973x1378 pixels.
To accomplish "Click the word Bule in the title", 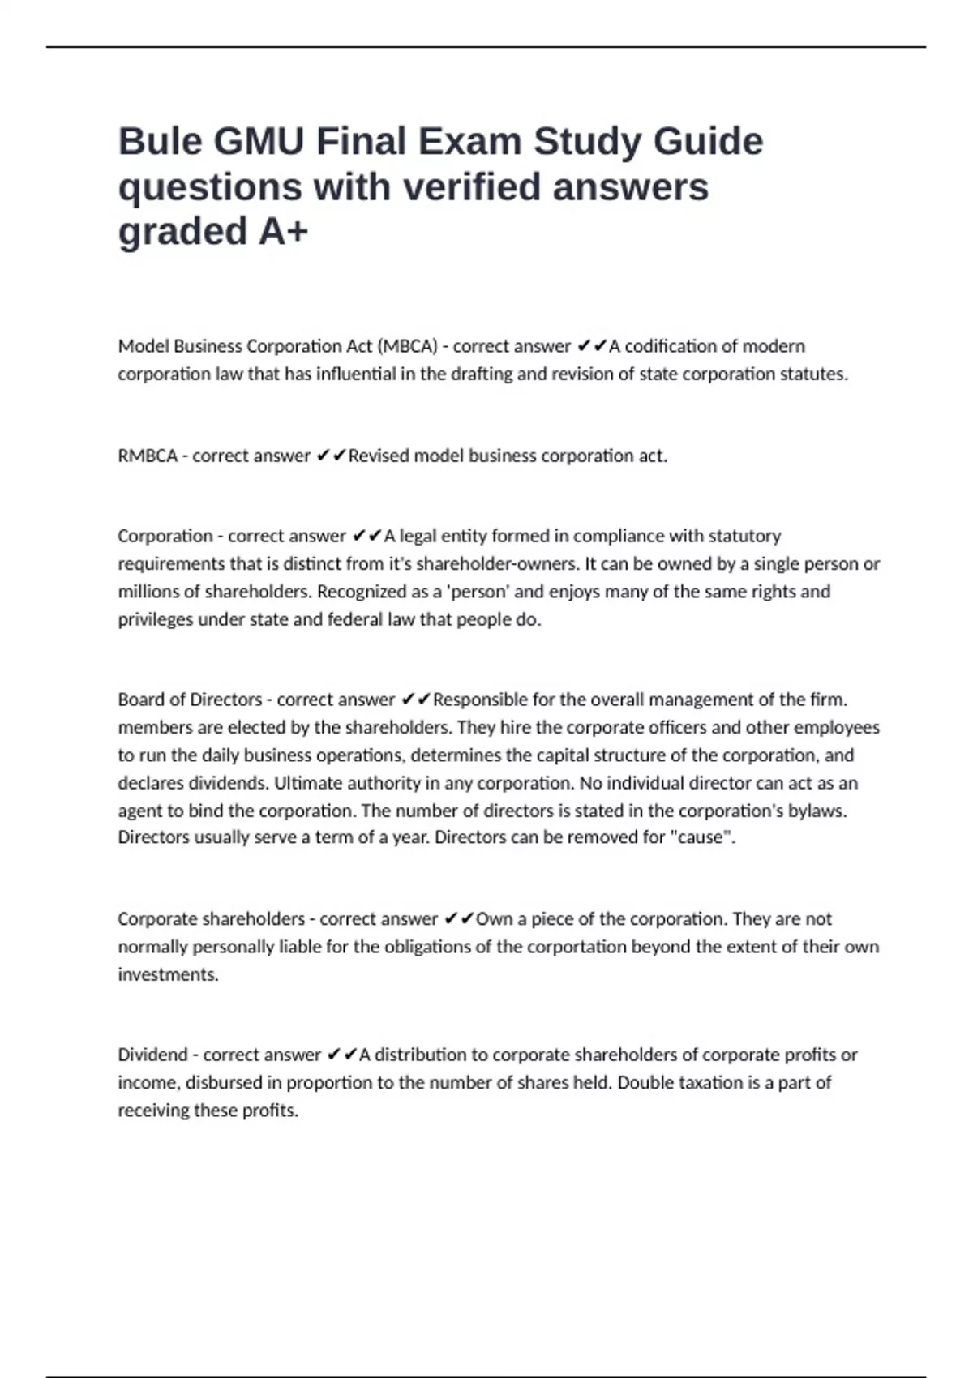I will point(161,142).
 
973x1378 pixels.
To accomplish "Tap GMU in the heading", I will point(259,142).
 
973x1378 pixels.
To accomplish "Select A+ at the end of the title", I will point(283,232).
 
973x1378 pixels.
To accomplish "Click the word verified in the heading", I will point(472,187).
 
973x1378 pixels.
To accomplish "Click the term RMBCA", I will point(148,456).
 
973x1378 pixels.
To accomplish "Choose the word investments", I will point(168,974).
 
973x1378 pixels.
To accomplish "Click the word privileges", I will point(157,619).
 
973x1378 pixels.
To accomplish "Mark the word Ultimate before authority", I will point(303,783).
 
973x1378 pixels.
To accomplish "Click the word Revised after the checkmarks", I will point(379,456).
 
